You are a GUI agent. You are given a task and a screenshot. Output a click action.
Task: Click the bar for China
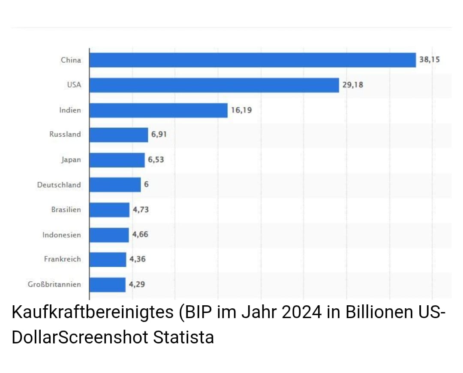tap(253, 60)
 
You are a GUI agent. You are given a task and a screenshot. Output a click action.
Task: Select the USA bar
tap(214, 85)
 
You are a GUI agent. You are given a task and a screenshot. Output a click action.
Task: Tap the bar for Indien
tap(158, 110)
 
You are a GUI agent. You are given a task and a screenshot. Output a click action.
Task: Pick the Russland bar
tap(119, 135)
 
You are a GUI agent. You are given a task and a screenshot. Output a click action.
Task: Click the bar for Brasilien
tap(109, 210)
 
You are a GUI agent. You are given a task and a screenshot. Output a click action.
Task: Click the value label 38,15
tap(429, 60)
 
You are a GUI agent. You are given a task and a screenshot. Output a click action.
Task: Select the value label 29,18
tap(352, 85)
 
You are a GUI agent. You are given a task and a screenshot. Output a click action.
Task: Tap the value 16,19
tap(241, 110)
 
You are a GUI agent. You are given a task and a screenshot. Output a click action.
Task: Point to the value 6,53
tap(156, 160)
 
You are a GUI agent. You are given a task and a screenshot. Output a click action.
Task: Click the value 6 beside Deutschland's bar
tap(146, 185)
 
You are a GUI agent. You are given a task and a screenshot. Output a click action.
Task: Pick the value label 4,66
tap(140, 235)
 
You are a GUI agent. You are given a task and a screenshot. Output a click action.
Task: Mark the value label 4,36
tap(138, 259)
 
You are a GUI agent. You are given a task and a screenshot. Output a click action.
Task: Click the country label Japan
tap(71, 160)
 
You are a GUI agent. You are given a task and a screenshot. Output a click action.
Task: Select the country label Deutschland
tap(59, 185)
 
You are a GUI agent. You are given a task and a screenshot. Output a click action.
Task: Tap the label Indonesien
tap(61, 235)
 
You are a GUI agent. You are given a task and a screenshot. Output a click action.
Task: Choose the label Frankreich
tap(62, 259)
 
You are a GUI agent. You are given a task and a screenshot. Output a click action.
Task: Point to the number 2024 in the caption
tap(301, 313)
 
